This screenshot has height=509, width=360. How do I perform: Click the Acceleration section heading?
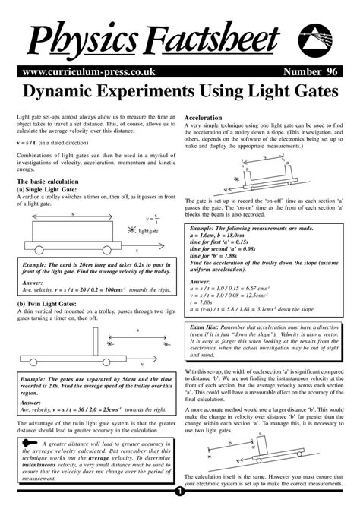(x=203, y=119)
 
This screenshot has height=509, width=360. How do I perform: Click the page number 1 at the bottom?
(x=180, y=503)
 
